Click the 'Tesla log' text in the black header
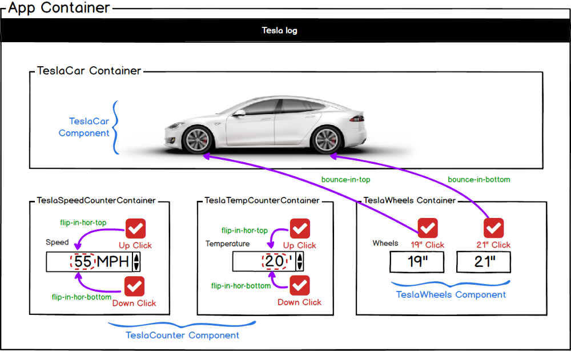(279, 31)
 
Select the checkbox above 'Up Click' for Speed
(135, 229)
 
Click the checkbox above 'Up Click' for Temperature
(300, 229)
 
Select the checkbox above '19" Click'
(428, 228)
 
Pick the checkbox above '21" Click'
(493, 228)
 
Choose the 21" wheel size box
(484, 262)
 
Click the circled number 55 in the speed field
(83, 262)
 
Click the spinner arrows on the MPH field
(136, 262)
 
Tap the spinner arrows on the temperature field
(300, 262)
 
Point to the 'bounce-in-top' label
(345, 180)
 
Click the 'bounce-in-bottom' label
(478, 180)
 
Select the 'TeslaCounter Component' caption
(182, 335)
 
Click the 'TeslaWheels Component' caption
(451, 295)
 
